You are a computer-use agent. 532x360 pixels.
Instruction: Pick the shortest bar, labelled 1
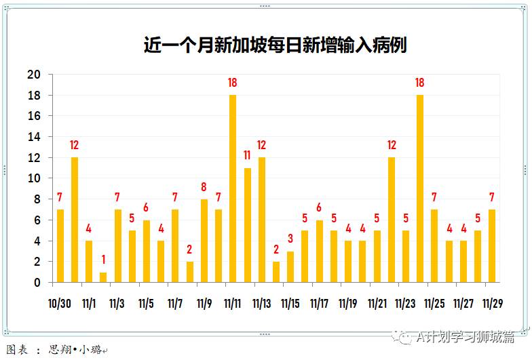tap(103, 277)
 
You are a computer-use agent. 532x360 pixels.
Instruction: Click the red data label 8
tap(204, 187)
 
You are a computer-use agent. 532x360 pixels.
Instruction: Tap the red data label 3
tap(290, 239)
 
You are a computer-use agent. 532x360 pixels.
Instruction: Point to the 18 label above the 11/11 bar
tap(233, 83)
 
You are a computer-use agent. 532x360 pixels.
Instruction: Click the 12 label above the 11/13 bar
tap(261, 145)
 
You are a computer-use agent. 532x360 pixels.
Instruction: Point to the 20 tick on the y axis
tap(34, 75)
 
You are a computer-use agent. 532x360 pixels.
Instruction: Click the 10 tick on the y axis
tap(34, 178)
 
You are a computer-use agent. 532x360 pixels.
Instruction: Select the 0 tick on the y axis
tap(37, 282)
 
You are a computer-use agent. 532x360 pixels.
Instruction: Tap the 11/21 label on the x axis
tap(377, 303)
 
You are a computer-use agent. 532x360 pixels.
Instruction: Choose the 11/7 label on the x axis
tap(175, 303)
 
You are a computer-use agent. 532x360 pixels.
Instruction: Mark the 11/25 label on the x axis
tap(434, 303)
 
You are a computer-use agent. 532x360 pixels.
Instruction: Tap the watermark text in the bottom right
tap(461, 335)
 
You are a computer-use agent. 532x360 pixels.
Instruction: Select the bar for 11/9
tap(204, 241)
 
